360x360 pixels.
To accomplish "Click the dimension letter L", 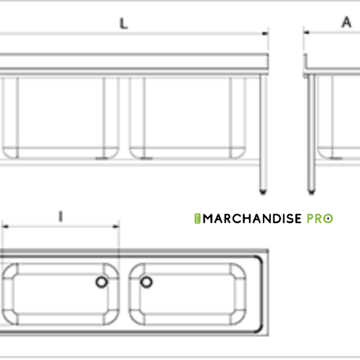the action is coord(124,23).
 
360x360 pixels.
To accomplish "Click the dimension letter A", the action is coord(346,22).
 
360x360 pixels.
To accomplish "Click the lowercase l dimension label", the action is coord(61,217).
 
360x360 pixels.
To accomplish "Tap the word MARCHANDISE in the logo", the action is coord(252,218).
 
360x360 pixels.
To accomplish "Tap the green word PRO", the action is coord(320,218).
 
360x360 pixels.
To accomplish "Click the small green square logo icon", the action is coord(197,218).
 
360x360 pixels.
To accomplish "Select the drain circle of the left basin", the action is coord(102,282).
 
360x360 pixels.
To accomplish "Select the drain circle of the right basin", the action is coord(146,282).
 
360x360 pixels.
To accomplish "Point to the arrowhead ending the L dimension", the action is coord(265,34).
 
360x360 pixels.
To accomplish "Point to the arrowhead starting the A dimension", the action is coord(306,32).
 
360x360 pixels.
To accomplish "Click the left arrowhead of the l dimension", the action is coord(5,227).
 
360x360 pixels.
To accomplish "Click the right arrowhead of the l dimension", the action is coord(116,227).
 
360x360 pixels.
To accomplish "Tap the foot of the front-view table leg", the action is coord(263,191).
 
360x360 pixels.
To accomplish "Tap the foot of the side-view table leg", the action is coord(311,191).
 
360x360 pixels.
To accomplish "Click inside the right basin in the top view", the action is coord(187,294).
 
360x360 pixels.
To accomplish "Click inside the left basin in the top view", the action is coord(61,294).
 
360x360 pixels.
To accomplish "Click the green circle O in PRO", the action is coord(328,218).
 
